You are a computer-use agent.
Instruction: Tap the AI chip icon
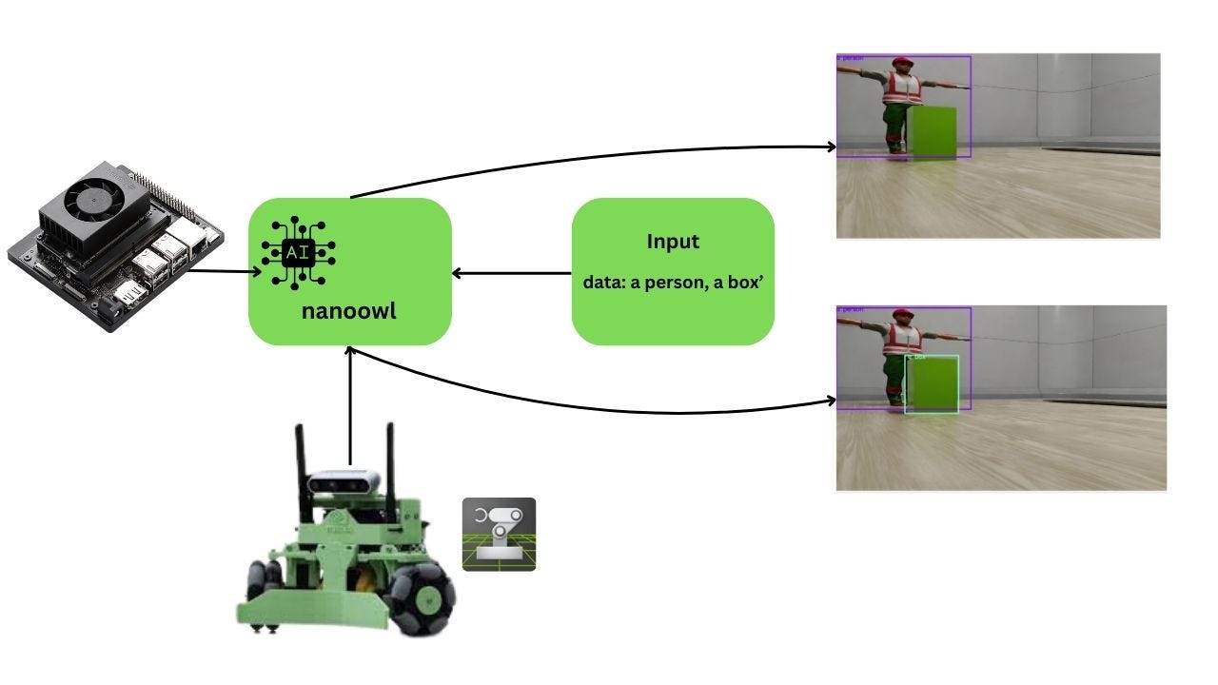(x=297, y=252)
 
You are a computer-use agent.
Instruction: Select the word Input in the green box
(x=673, y=242)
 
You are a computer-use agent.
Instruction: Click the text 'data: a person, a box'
(x=672, y=283)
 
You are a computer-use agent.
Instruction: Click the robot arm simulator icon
(x=499, y=534)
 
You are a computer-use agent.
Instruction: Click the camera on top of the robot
(x=344, y=482)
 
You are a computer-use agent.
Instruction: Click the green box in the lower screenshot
(x=931, y=384)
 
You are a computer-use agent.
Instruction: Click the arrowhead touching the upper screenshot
(x=831, y=147)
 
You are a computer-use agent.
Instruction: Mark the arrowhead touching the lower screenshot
(x=831, y=402)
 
